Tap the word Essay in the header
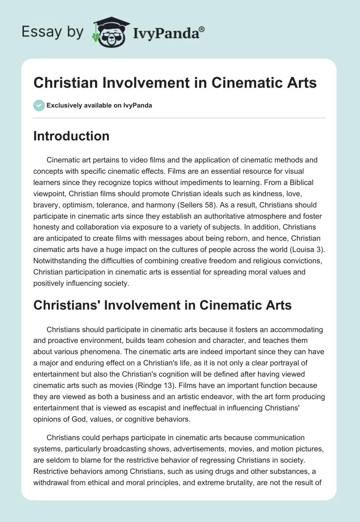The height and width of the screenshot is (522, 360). coord(36,32)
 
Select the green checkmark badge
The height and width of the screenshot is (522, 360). coord(39,105)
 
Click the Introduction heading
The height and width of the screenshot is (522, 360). coord(71,136)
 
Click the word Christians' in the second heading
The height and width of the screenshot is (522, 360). coord(68,306)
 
